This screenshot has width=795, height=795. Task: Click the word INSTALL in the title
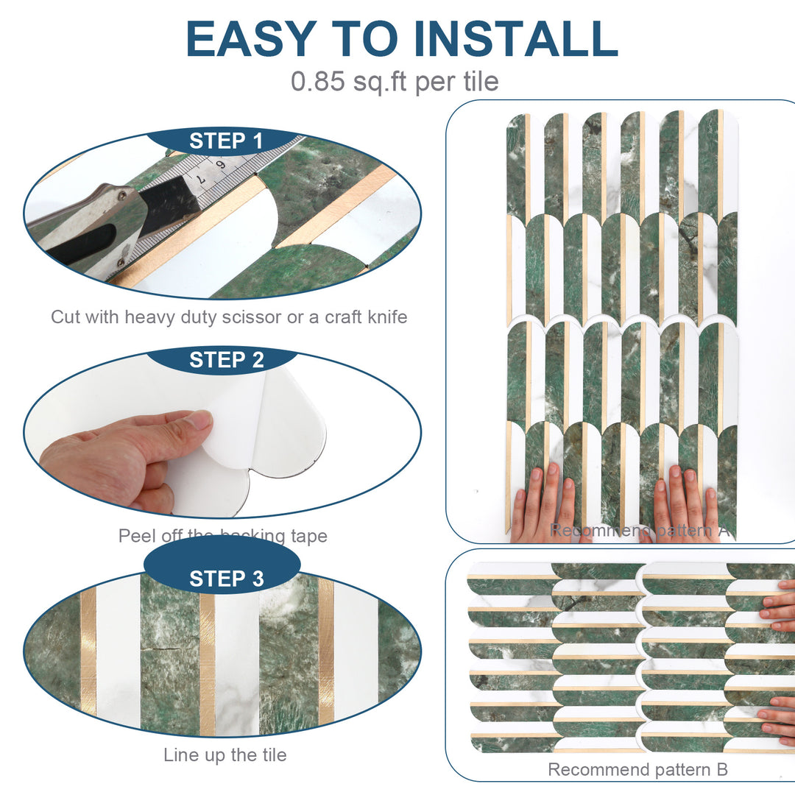coord(516,38)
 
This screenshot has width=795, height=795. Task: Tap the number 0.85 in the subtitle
coord(317,81)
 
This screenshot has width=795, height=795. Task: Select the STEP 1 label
coord(225,141)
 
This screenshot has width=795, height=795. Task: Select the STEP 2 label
coord(225,360)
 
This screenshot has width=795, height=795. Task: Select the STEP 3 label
coord(225,579)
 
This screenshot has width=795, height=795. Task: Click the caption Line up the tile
coord(225,755)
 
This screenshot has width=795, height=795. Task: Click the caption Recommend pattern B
coord(637,770)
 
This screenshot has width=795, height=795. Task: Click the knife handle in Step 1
coord(81,236)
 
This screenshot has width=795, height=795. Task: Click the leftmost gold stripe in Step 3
coord(88,651)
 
